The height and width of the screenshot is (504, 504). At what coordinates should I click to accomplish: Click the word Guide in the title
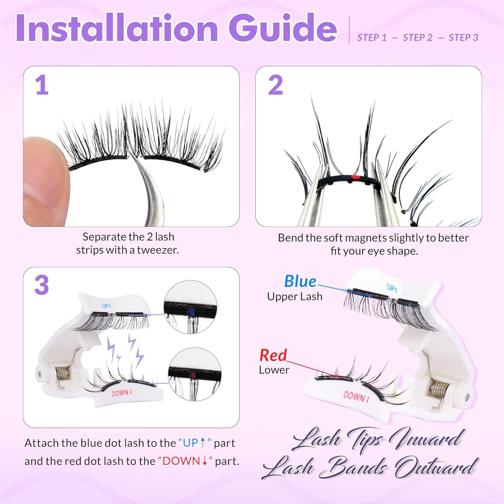[283, 28]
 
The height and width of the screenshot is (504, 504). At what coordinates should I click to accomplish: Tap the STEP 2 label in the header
[418, 38]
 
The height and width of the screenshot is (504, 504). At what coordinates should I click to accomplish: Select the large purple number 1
[42, 85]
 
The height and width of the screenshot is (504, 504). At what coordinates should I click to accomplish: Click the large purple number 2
[275, 85]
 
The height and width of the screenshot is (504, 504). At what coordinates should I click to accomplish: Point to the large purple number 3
[42, 285]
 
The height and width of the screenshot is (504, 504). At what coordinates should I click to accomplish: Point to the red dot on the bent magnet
[355, 178]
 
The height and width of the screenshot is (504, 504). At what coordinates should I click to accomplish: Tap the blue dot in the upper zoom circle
[190, 311]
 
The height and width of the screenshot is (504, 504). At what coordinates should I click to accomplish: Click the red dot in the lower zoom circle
[193, 375]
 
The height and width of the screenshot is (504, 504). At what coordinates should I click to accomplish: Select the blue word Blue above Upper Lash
[300, 281]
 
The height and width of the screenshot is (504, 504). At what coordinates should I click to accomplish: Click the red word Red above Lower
[273, 355]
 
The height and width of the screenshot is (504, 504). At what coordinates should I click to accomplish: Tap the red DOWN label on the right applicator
[356, 396]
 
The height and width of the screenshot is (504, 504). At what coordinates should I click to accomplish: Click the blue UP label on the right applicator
[392, 288]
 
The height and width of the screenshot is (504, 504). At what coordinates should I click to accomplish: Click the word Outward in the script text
[436, 467]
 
